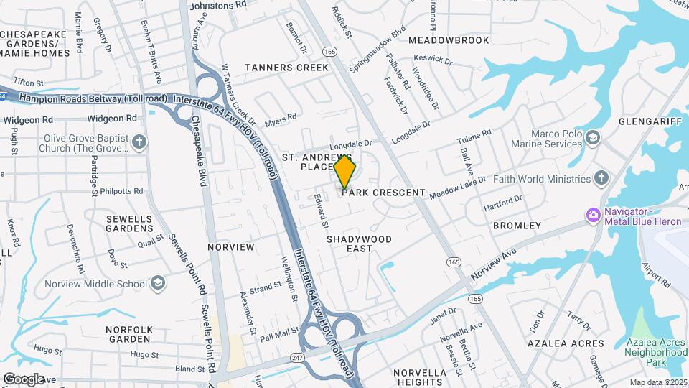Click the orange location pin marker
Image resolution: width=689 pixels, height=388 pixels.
[x=345, y=171]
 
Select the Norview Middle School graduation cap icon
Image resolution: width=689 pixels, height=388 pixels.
[x=156, y=283]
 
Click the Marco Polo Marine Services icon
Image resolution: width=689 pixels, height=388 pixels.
[x=593, y=137]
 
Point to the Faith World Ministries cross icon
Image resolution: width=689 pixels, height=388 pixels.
[x=601, y=178]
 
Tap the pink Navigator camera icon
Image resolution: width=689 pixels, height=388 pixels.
[x=593, y=214]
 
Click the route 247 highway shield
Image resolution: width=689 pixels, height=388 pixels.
[x=297, y=357]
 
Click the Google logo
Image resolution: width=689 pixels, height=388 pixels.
[x=24, y=379]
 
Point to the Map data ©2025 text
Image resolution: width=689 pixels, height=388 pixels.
[x=658, y=382]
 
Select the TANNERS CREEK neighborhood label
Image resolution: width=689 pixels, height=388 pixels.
[x=286, y=68]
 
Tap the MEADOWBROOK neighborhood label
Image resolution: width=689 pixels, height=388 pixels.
[x=449, y=40]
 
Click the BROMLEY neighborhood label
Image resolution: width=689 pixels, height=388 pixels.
[x=517, y=226]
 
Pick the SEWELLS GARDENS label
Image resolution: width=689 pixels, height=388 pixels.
[x=129, y=223]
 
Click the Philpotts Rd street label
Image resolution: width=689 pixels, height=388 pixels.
[x=123, y=192]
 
